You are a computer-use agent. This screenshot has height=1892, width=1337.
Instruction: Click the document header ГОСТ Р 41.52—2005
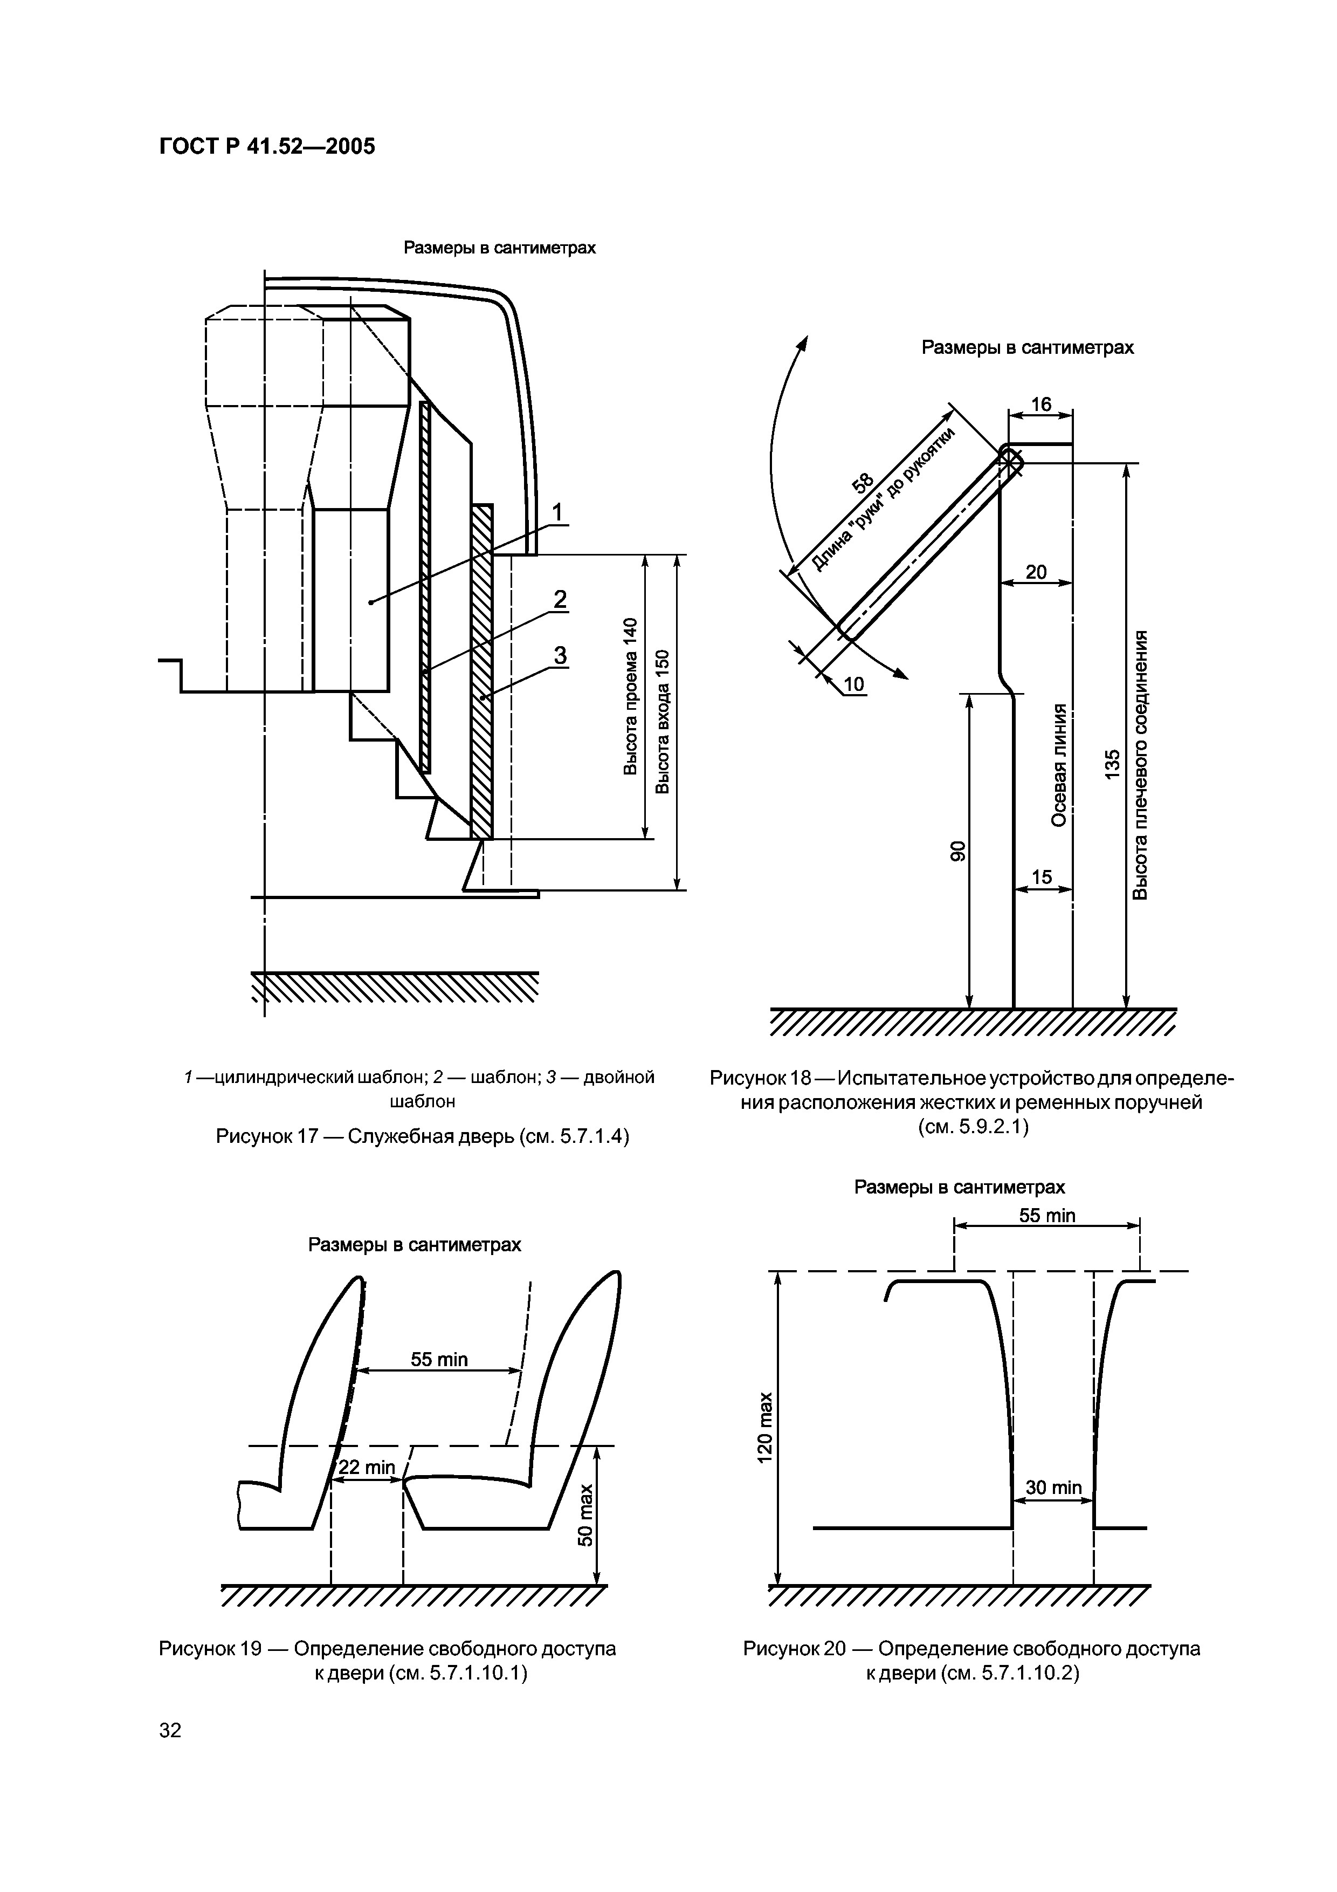click(x=266, y=147)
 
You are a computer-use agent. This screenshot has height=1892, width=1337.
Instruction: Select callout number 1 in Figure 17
click(x=557, y=512)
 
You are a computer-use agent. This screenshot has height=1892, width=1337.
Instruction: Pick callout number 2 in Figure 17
click(x=560, y=599)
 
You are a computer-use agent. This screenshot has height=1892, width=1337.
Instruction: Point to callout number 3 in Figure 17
click(x=560, y=655)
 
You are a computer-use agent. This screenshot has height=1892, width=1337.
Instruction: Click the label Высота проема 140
click(x=630, y=696)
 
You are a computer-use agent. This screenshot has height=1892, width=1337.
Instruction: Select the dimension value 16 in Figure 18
click(x=1041, y=404)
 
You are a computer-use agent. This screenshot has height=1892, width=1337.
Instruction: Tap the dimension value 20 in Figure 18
click(x=1036, y=572)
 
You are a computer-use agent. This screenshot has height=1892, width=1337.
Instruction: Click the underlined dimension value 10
click(x=855, y=684)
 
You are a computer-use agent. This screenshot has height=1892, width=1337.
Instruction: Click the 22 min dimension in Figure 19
click(x=368, y=1467)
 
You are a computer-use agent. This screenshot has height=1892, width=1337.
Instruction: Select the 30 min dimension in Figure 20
click(x=1053, y=1486)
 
